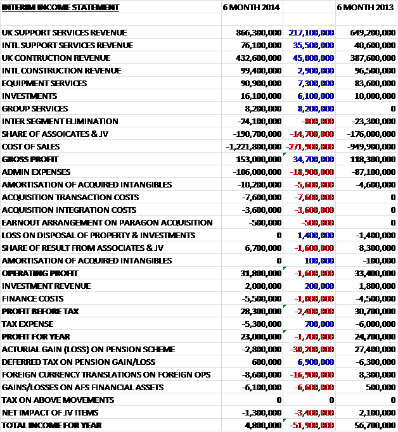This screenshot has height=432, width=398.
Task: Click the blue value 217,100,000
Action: tap(311, 32)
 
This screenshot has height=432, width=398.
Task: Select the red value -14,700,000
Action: tap(311, 134)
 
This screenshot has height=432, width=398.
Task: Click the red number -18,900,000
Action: tap(311, 172)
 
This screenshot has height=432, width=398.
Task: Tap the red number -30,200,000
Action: tap(311, 349)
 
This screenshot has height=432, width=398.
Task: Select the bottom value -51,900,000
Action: tap(311, 425)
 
